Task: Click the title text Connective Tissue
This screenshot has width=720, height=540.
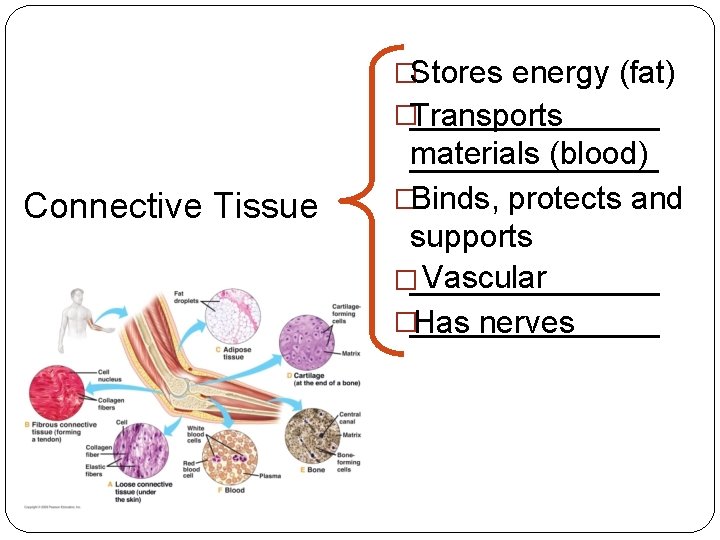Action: click(x=170, y=206)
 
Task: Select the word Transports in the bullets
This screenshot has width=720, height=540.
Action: click(x=486, y=116)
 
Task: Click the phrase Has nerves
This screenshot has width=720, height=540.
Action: click(x=493, y=322)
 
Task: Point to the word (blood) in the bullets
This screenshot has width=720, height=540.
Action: click(x=600, y=155)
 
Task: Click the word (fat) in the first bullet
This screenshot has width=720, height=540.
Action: click(x=647, y=73)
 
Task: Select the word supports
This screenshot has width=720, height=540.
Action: click(x=471, y=237)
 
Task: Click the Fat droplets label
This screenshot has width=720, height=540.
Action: click(x=186, y=296)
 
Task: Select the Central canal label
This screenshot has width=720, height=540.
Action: click(x=350, y=418)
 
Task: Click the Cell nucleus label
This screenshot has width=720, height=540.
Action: click(x=111, y=376)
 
